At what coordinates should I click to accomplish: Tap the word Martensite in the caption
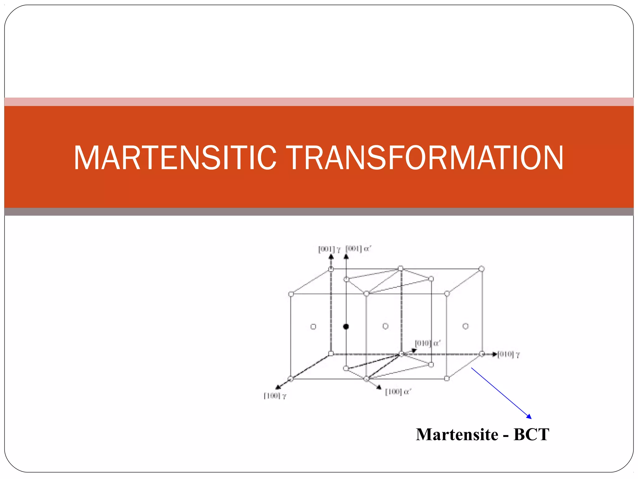pos(457,434)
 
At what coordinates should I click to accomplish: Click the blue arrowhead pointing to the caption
pos(529,416)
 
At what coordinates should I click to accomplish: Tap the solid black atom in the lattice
pos(346,327)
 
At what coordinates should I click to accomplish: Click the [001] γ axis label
pos(329,249)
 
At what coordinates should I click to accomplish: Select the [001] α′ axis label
pos(358,249)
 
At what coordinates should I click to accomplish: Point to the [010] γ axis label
pos(509,354)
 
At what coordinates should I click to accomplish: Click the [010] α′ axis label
pos(427,343)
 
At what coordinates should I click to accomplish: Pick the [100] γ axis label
pos(275,396)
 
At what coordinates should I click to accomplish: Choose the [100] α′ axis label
pos(398,392)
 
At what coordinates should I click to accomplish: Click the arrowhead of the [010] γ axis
pos(495,354)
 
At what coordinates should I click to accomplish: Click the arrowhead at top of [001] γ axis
pos(331,257)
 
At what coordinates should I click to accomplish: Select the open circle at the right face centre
pos(465,326)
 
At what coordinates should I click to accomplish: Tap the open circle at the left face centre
pos(313,327)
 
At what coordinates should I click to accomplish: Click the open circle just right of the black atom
pos(385,326)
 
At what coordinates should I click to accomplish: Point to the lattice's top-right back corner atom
pos(481,269)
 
